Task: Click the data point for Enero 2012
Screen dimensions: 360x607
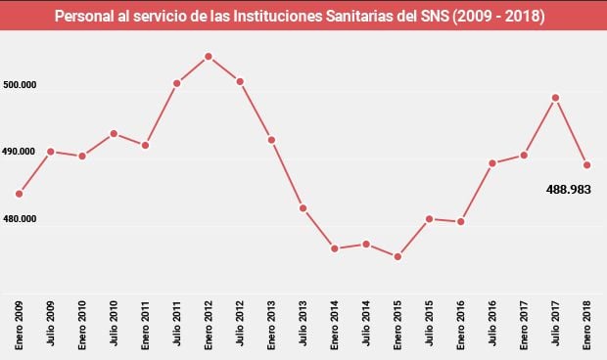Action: pyautogui.click(x=209, y=56)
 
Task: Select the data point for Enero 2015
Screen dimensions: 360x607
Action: pyautogui.click(x=397, y=257)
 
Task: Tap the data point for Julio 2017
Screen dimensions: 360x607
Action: pyautogui.click(x=555, y=97)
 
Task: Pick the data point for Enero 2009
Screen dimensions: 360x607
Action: pyautogui.click(x=19, y=194)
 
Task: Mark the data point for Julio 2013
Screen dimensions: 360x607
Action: pyautogui.click(x=303, y=208)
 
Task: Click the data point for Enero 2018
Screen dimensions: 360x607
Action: pyautogui.click(x=586, y=164)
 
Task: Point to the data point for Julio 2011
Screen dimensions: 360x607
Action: pyautogui.click(x=177, y=83)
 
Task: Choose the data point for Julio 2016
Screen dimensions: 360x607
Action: pyautogui.click(x=492, y=163)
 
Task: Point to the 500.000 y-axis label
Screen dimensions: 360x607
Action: pyautogui.click(x=21, y=86)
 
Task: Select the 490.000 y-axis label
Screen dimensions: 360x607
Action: pyautogui.click(x=21, y=153)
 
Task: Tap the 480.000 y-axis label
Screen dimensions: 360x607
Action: pyautogui.click(x=21, y=219)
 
